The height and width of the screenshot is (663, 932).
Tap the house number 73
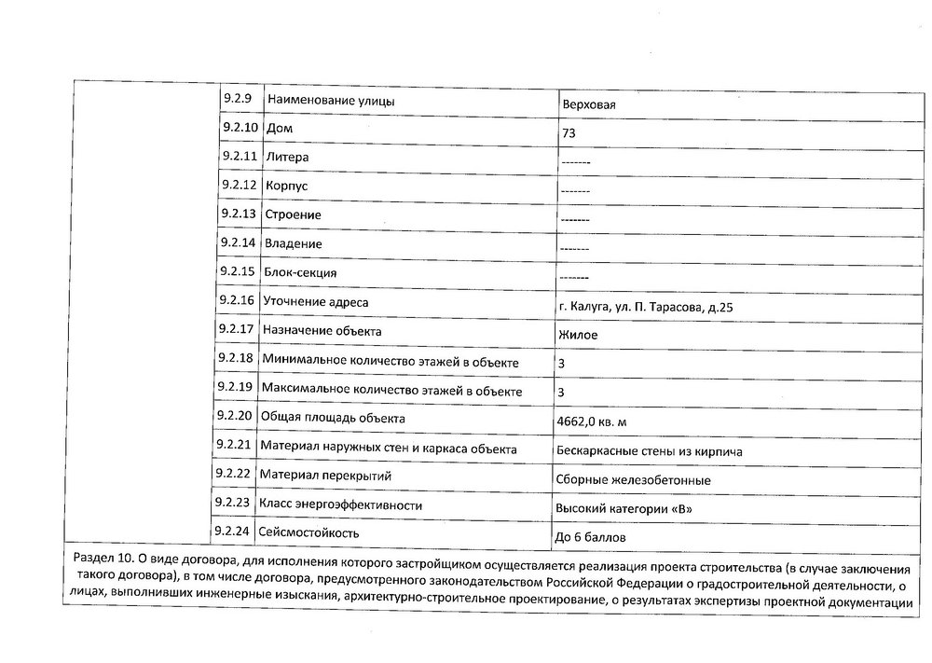click(568, 133)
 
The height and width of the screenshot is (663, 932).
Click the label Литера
click(287, 157)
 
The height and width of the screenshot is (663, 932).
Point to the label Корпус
click(286, 186)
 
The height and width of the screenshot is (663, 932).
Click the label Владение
click(294, 243)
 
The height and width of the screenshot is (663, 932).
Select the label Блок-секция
click(300, 272)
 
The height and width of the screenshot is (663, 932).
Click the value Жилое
click(578, 335)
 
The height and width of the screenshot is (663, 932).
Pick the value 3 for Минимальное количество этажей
click(560, 363)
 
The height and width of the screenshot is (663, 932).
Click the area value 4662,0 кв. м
click(591, 422)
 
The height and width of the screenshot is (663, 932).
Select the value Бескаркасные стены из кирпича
click(649, 451)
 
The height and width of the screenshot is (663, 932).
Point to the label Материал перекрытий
click(325, 476)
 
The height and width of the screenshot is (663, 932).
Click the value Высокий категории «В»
click(624, 509)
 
